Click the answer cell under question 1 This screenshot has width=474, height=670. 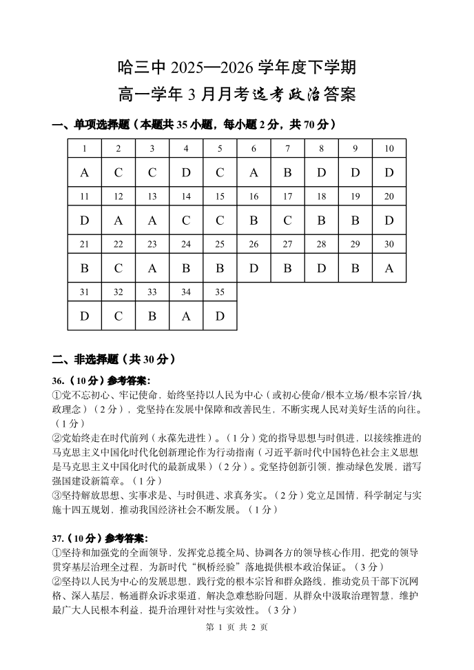point(85,172)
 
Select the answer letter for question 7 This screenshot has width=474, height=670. point(287,172)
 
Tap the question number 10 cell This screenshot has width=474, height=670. point(389,148)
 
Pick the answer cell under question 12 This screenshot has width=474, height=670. point(118,221)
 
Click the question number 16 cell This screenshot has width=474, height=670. point(254,196)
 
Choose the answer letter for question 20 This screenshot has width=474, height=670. point(389,221)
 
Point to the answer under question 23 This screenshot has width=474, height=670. point(152,268)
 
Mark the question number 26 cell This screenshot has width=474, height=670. point(254,244)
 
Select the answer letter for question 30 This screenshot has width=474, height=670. point(389,268)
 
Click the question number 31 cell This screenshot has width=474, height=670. point(85,292)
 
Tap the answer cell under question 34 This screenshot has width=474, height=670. point(186,316)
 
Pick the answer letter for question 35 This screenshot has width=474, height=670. point(220,316)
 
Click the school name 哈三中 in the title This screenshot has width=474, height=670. point(142,68)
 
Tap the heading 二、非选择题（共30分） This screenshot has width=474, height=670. point(114,359)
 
